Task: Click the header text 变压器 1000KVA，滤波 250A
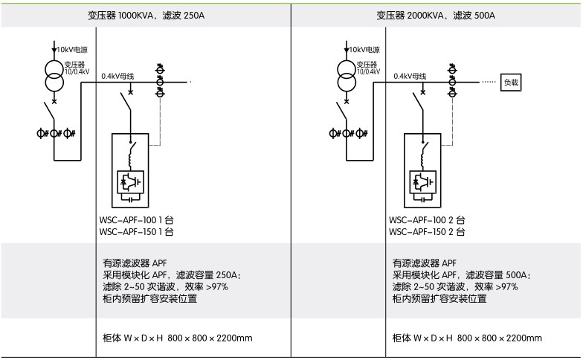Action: pyautogui.click(x=145, y=15)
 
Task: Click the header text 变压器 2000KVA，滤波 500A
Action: pyautogui.click(x=436, y=15)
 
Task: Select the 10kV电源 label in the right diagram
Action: pyautogui.click(x=363, y=49)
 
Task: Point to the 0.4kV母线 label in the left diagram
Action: pyautogui.click(x=117, y=75)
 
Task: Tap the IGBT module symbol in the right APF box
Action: pyautogui.click(x=421, y=181)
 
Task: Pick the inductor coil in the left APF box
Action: pyautogui.click(x=131, y=156)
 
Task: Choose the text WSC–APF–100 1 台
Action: pyautogui.click(x=136, y=220)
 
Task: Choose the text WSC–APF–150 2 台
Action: pyautogui.click(x=428, y=232)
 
